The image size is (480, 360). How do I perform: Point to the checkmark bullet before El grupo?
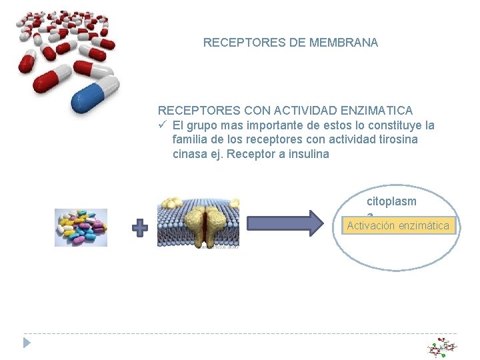[161, 125]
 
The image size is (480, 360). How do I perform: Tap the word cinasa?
[189, 155]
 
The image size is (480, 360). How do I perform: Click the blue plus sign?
[140, 229]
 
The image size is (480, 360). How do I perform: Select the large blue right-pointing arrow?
[287, 223]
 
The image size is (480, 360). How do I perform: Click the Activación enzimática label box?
[397, 226]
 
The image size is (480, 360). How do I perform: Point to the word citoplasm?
[392, 201]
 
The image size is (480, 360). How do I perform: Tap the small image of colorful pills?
[81, 227]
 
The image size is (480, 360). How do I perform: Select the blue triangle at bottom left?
[27, 343]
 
